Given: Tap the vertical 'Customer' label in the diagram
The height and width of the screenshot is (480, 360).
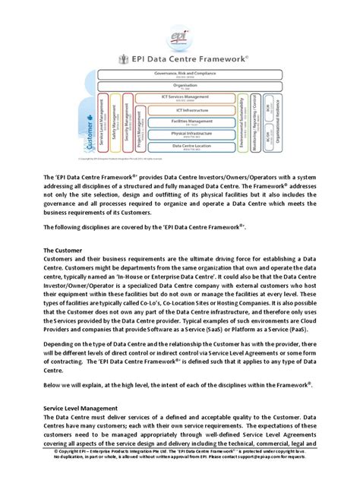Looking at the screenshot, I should click(x=91, y=133).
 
